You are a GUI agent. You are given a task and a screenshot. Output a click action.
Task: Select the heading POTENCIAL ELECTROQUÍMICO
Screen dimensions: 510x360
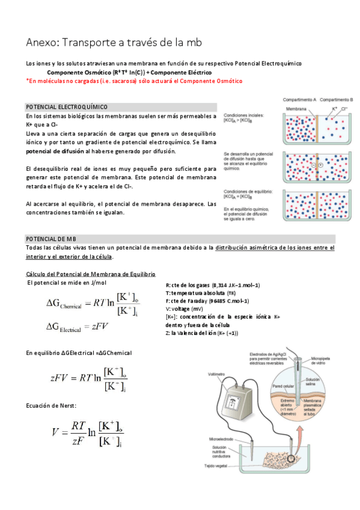tap(66, 106)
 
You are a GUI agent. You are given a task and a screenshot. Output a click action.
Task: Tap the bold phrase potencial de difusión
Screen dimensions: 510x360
tap(52, 152)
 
